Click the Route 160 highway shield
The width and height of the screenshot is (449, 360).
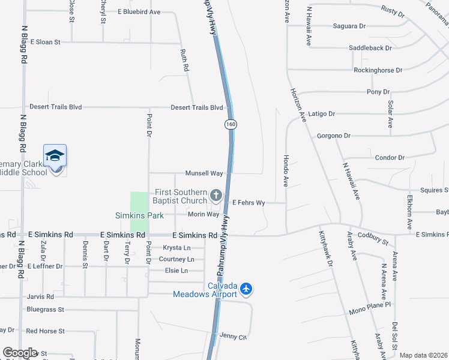click(x=230, y=124)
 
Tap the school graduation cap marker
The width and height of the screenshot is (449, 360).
click(x=55, y=156)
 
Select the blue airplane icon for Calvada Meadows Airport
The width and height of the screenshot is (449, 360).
click(x=246, y=290)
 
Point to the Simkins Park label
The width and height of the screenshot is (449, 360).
click(x=137, y=215)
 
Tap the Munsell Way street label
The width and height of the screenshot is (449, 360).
click(x=204, y=173)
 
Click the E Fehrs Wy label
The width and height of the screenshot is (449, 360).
click(x=249, y=203)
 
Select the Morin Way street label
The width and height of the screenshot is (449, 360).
click(x=203, y=214)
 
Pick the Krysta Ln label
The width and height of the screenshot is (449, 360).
click(x=176, y=248)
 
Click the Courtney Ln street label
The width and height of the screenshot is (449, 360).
click(x=176, y=259)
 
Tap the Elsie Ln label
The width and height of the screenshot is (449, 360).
click(x=176, y=271)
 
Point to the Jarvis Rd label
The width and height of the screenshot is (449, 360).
click(x=40, y=296)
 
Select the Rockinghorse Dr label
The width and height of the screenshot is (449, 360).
click(x=378, y=70)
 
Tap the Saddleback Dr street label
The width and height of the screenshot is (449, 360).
click(x=370, y=48)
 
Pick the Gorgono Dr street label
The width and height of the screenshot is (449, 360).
click(x=333, y=136)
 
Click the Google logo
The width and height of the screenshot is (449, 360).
click(x=19, y=353)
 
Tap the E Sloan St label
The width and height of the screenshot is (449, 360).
click(x=45, y=42)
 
